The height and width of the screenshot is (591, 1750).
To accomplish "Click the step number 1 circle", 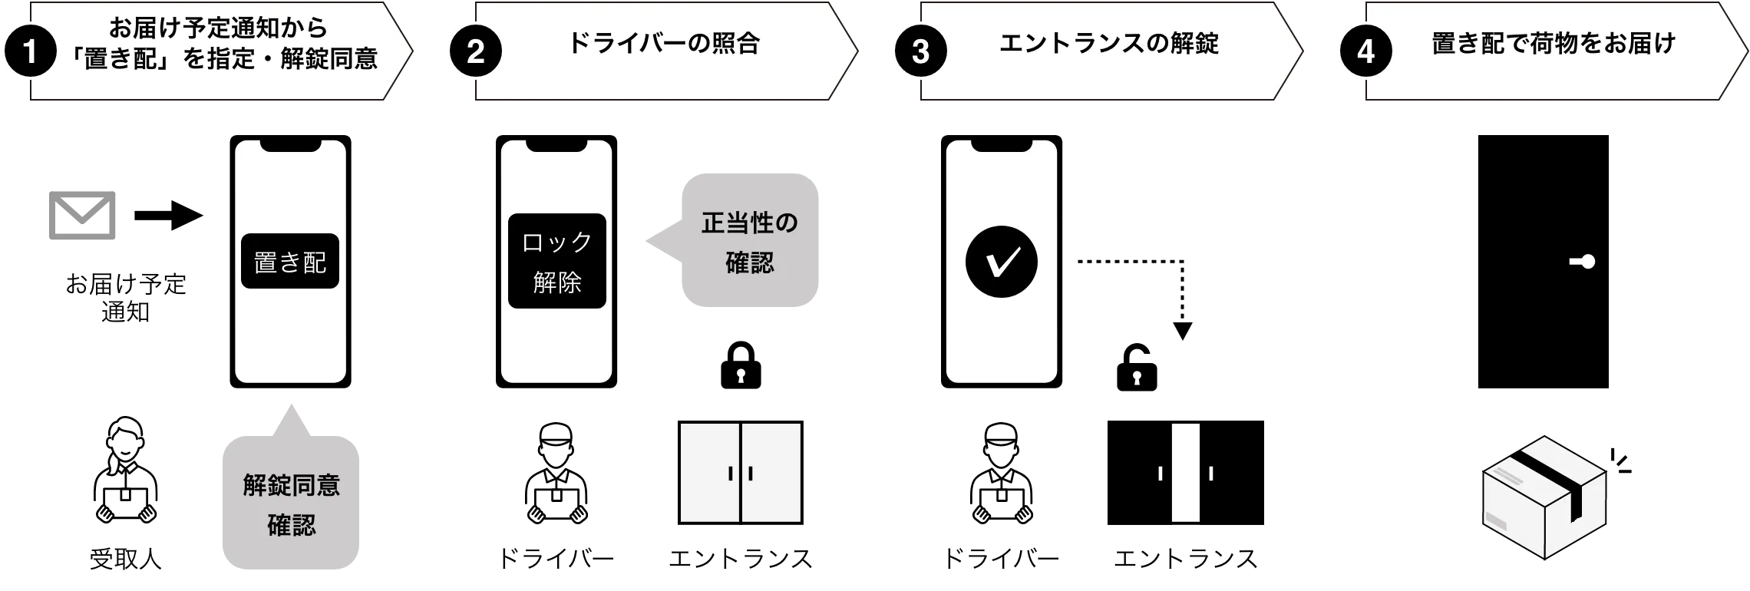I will [30, 51].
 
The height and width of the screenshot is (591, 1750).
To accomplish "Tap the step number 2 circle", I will [475, 51].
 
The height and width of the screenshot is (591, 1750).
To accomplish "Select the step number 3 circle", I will [920, 51].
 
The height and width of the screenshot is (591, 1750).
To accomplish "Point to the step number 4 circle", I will [1365, 51].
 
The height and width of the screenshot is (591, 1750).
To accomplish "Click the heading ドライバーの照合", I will [663, 43].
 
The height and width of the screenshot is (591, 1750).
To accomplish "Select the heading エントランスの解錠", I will [1108, 43].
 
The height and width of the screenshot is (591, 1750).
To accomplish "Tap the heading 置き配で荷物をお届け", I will [1554, 43].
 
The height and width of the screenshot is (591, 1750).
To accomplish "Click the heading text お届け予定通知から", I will [219, 28].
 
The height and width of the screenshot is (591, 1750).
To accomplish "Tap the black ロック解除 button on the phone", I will [557, 261].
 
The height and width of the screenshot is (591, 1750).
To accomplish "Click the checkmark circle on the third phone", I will [1001, 262].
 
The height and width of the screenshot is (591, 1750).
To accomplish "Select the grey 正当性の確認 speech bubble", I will [748, 242].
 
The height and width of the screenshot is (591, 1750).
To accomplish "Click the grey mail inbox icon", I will [83, 218].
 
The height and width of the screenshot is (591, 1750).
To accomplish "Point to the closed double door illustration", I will [741, 472].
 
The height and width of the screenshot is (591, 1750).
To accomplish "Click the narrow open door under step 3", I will [1185, 472].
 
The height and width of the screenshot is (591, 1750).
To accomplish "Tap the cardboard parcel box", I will [1544, 499].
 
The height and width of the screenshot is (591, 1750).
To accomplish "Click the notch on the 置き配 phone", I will [290, 145].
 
